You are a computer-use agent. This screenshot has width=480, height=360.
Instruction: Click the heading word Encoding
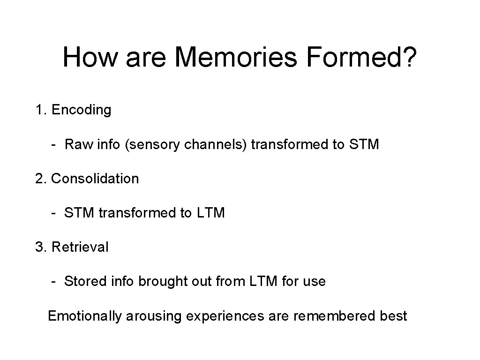coord(82,110)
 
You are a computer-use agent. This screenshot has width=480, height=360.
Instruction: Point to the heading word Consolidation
coord(95,179)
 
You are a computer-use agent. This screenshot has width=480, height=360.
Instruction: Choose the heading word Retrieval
coord(80,247)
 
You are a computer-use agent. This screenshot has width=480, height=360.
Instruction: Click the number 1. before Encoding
coord(41,110)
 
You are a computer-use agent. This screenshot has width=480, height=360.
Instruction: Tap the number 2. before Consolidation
coord(41,179)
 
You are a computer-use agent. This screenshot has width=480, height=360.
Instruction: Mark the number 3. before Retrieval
coord(41,247)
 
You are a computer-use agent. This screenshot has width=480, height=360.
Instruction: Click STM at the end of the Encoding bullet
coord(364,144)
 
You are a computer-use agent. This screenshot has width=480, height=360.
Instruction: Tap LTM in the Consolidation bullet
coord(210,213)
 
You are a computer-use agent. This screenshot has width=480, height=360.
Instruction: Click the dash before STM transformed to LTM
coord(55,213)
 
